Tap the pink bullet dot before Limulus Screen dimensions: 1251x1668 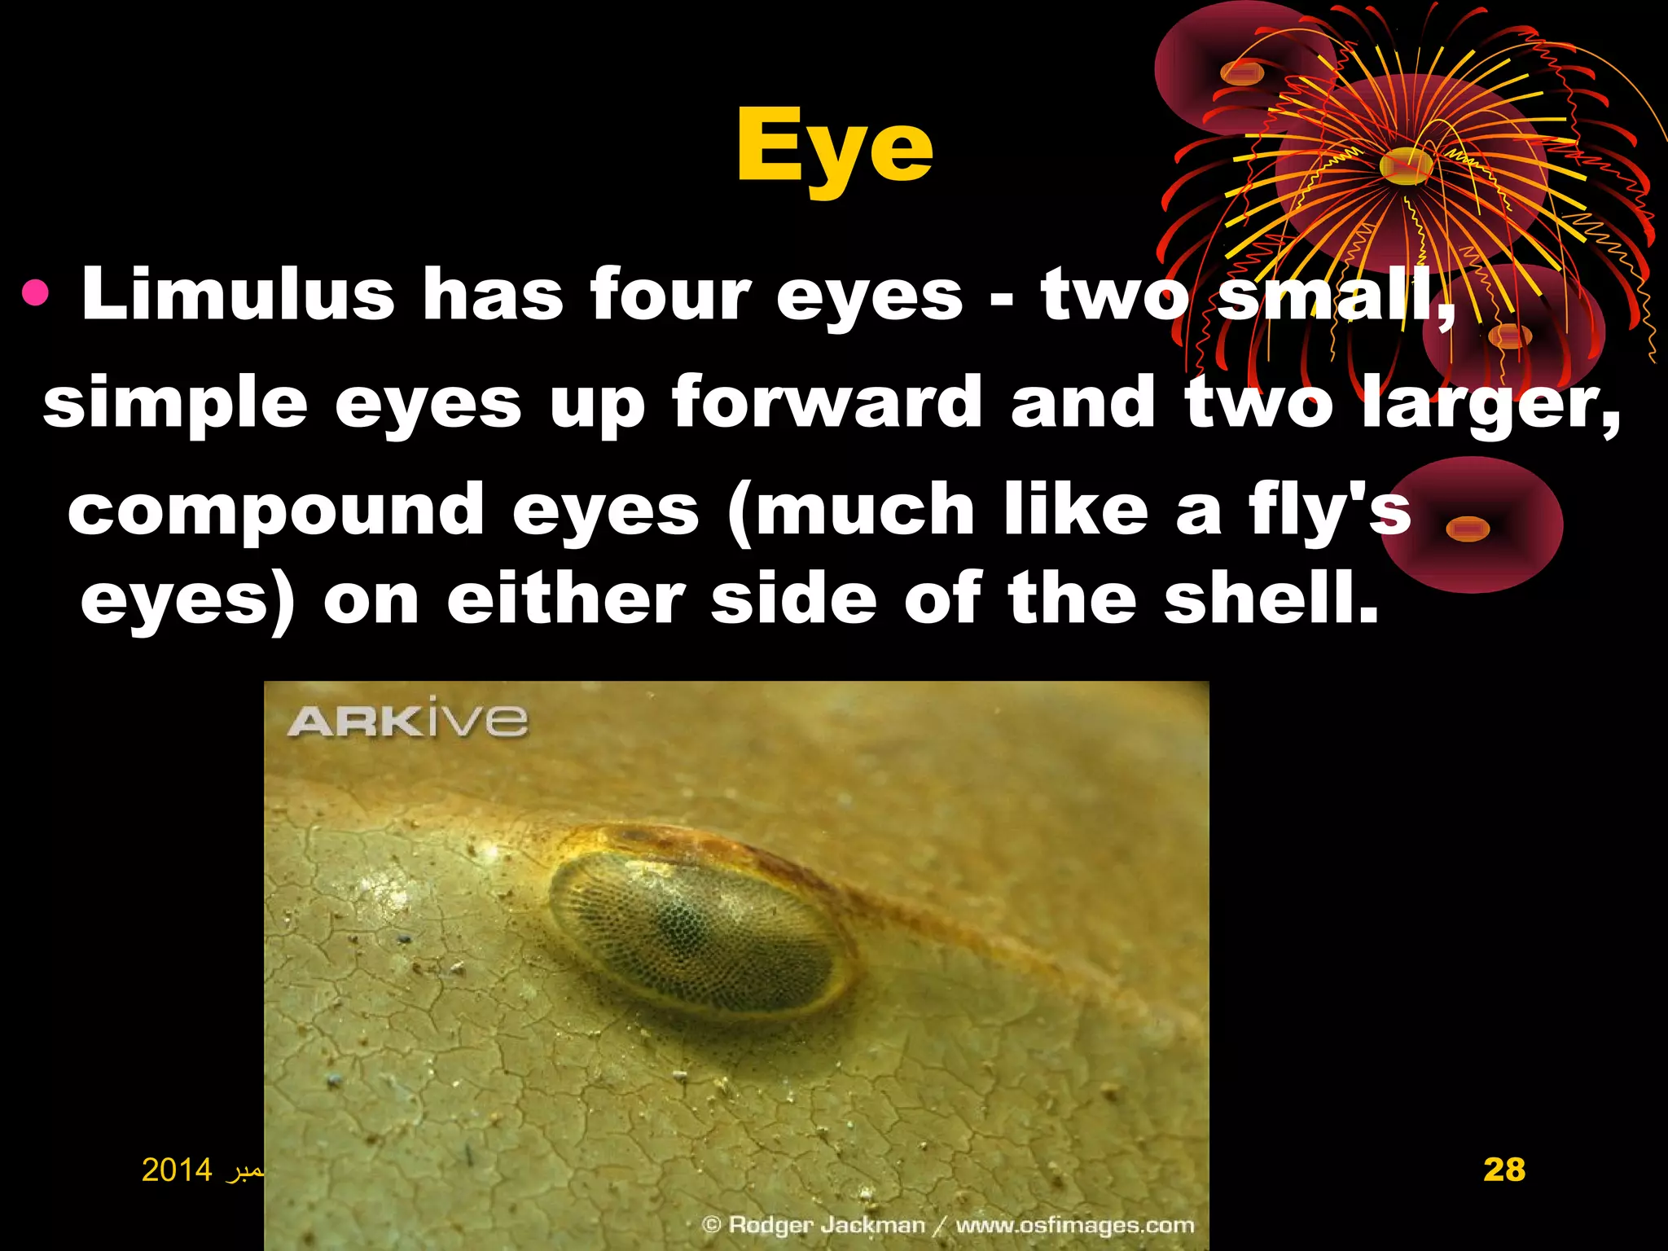tap(36, 293)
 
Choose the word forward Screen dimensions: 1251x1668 tap(826, 401)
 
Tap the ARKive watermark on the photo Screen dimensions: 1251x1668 tap(408, 720)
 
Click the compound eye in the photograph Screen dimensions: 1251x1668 tap(700, 928)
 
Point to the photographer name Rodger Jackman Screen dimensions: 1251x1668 tap(826, 1225)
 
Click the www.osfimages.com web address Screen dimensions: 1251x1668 tap(1074, 1225)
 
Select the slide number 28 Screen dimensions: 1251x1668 tap(1503, 1170)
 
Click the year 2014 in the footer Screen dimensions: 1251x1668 tap(177, 1170)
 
